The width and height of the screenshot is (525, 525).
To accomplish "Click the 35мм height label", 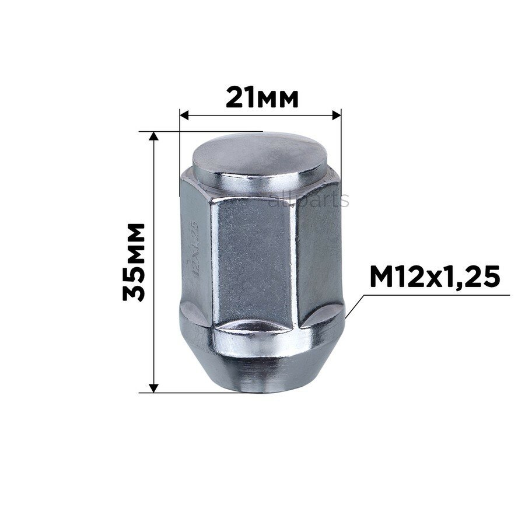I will click(x=134, y=261).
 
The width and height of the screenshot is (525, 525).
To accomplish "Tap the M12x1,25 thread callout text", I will click(x=435, y=276).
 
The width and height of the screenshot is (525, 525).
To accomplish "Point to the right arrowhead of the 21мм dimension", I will click(x=336, y=115).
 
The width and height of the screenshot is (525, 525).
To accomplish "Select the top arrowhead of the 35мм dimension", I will click(x=154, y=136).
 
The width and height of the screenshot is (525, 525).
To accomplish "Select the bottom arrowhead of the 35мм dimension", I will click(x=154, y=387).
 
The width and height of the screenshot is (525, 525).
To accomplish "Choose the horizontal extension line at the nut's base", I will click(x=192, y=393).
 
